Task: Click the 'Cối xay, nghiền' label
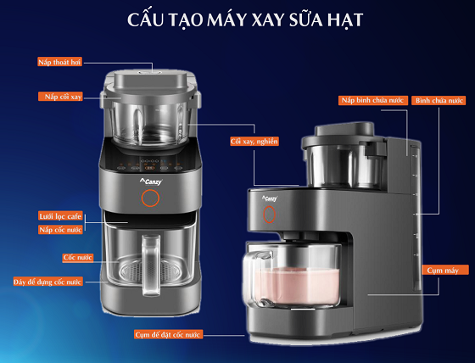coord(254,141)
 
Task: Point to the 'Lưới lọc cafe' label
coord(60,216)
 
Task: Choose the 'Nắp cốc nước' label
coord(60,230)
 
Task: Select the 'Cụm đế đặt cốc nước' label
coord(169,335)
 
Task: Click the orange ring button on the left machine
coord(150,199)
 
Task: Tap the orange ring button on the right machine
coord(271,215)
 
